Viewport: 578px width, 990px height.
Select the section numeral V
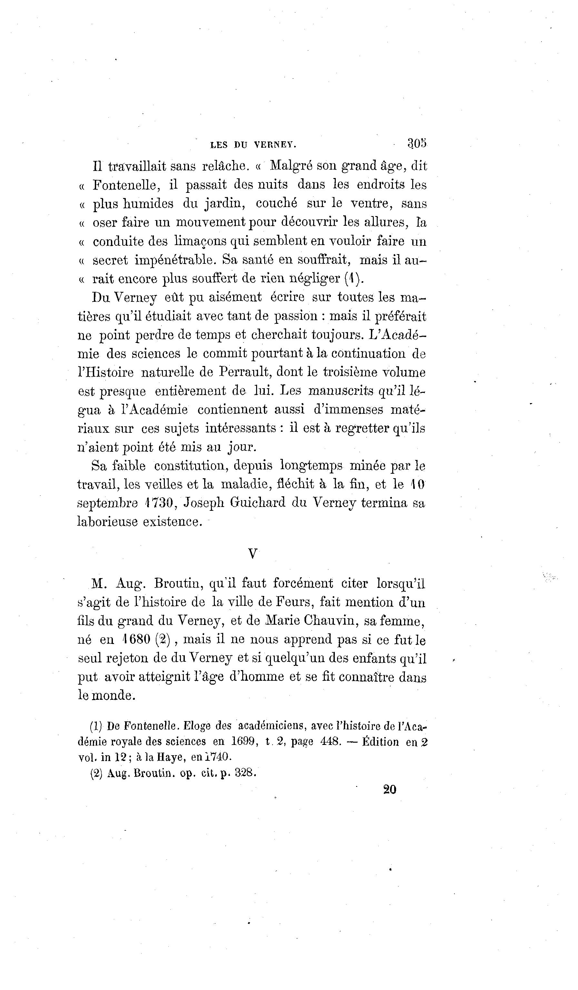[253, 554]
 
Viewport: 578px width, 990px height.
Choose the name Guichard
[257, 503]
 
